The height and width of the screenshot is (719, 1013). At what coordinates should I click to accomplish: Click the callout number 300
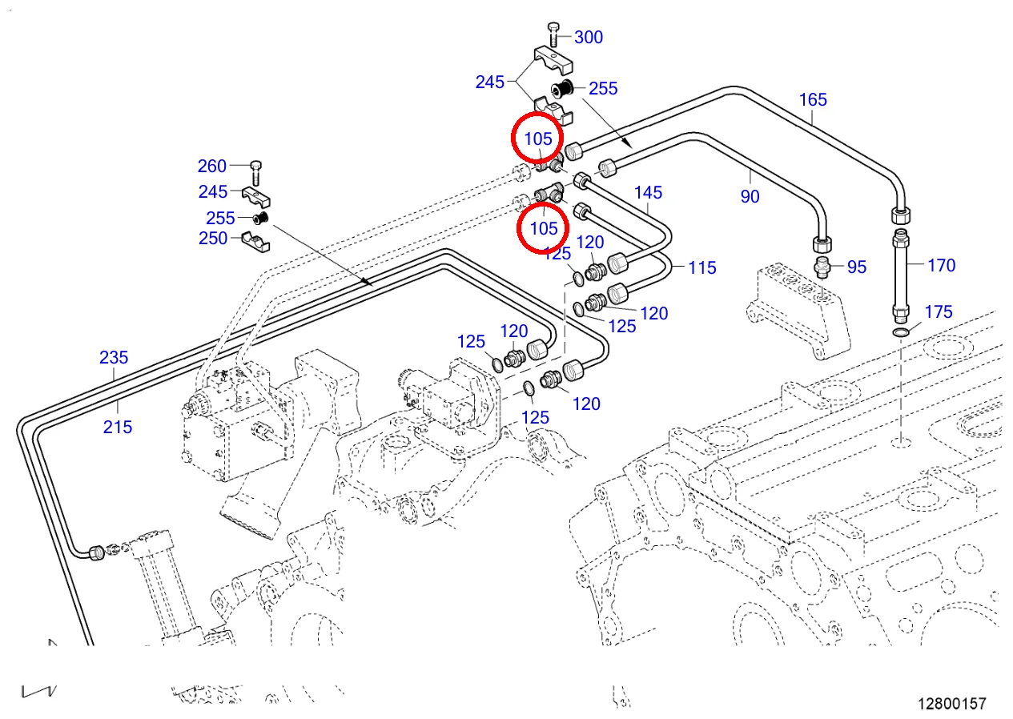[x=589, y=37]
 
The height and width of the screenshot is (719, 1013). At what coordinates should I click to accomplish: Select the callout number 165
[x=813, y=100]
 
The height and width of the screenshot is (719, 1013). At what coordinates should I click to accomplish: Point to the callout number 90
[x=750, y=196]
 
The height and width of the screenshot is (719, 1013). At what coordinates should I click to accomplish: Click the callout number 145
[x=649, y=193]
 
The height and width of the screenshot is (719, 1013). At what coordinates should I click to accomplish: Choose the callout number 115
[x=702, y=267]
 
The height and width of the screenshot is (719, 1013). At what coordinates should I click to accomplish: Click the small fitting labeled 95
[x=822, y=266]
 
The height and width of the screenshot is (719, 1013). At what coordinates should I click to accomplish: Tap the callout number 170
[x=941, y=265]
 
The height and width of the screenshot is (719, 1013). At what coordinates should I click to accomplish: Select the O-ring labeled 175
[x=901, y=332]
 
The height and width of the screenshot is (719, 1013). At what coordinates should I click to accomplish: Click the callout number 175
[x=939, y=311]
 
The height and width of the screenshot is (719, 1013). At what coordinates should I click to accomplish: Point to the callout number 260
[x=212, y=166]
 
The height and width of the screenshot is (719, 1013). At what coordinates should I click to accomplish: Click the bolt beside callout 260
[x=255, y=170]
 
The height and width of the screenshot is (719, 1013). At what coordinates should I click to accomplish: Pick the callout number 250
[x=212, y=238]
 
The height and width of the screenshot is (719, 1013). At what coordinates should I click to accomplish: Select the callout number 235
[x=114, y=357]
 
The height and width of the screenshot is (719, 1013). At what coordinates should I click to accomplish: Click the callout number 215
[x=117, y=427]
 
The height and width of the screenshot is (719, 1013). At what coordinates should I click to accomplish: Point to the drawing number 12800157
[x=952, y=704]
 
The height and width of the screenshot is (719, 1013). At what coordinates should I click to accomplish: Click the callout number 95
[x=857, y=267]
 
